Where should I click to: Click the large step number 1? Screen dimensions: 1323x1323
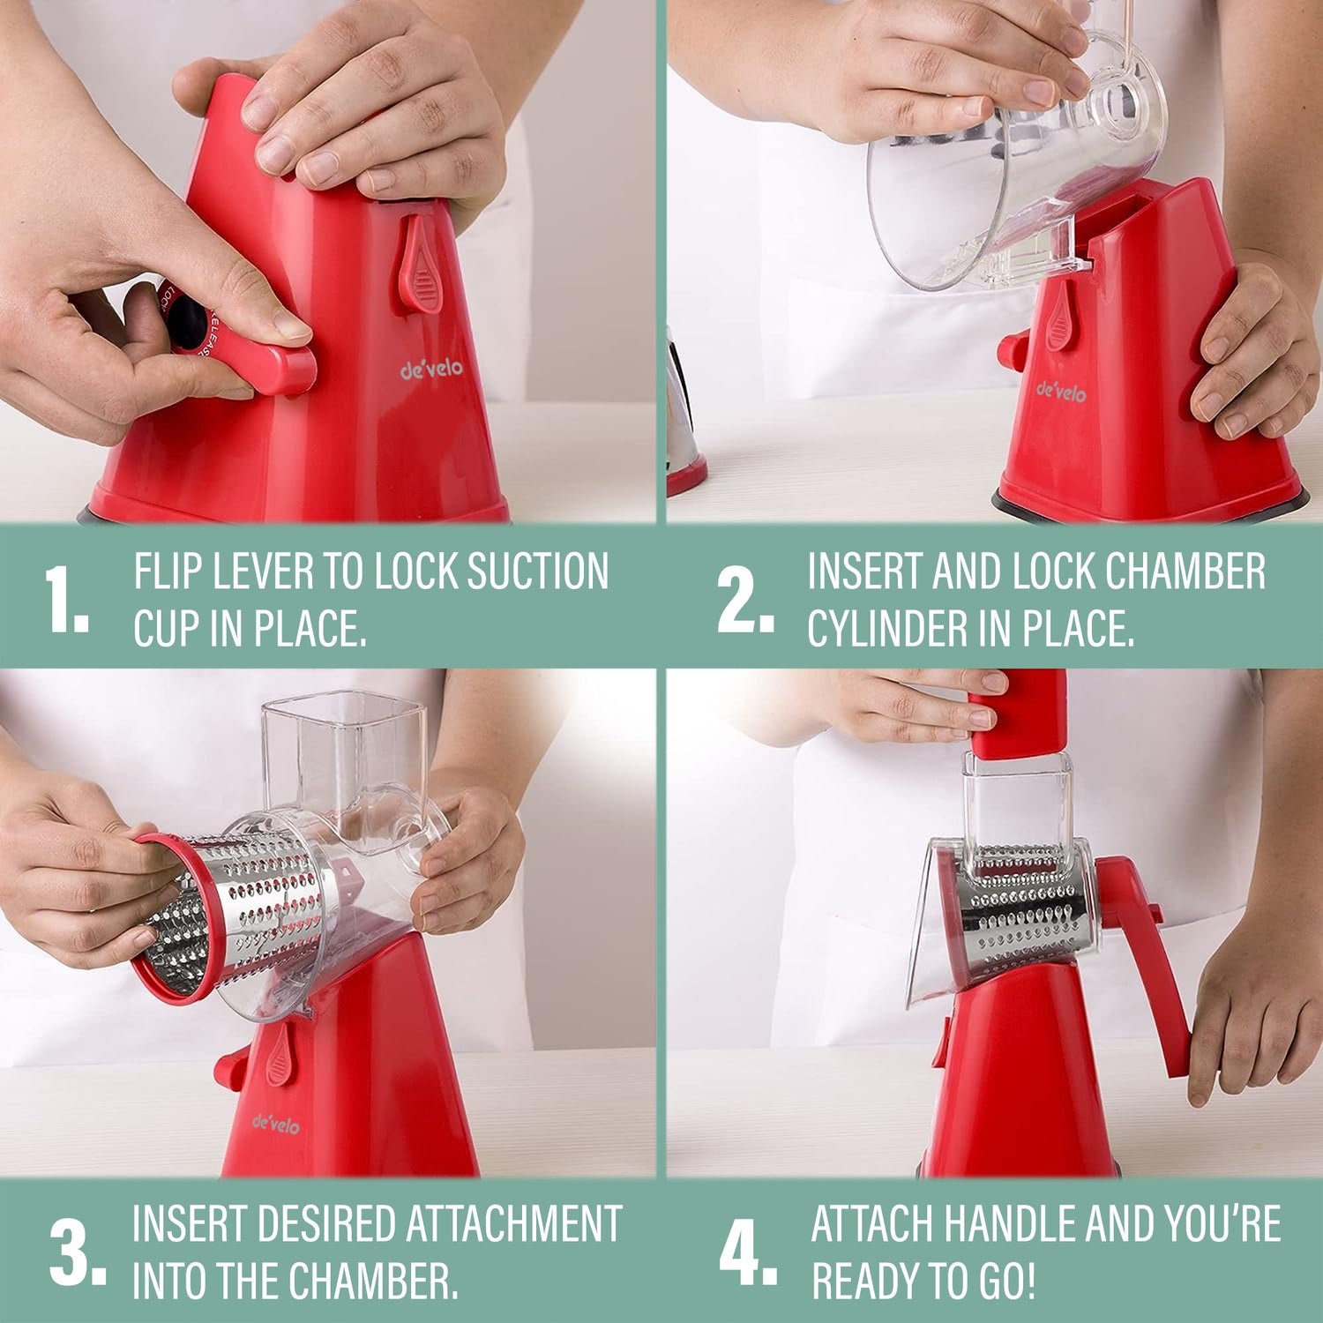pyautogui.click(x=67, y=600)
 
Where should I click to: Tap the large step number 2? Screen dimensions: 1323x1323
pyautogui.click(x=746, y=600)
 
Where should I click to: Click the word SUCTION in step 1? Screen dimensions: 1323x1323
pyautogui.click(x=537, y=572)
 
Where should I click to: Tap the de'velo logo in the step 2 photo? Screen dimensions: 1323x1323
pyautogui.click(x=1061, y=390)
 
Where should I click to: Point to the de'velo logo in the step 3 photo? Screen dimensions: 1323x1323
pyautogui.click(x=275, y=1124)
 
